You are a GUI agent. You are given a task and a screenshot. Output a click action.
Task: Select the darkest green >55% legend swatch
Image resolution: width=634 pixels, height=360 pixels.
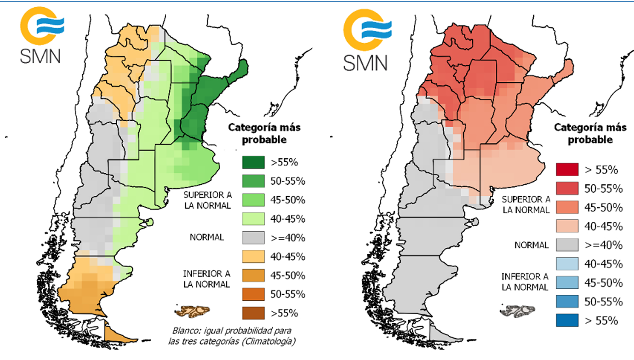[253, 162]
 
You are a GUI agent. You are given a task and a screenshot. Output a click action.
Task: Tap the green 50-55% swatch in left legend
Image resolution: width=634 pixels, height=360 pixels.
[253, 181]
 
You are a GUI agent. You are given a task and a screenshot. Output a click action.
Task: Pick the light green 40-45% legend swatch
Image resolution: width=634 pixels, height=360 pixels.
[253, 219]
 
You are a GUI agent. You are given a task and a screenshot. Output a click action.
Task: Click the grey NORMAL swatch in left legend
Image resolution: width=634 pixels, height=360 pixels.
[253, 238]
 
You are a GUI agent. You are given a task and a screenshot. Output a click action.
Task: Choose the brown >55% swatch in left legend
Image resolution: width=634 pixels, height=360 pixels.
[253, 313]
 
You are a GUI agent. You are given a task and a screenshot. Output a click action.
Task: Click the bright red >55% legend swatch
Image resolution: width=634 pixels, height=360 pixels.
[567, 169]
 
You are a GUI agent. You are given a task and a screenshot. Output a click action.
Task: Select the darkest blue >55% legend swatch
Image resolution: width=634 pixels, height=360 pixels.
[567, 320]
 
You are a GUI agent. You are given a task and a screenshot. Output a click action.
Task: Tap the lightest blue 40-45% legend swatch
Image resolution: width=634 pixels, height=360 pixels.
[567, 264]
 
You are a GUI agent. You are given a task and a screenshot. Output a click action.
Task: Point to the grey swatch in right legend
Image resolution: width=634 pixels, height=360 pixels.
[567, 245]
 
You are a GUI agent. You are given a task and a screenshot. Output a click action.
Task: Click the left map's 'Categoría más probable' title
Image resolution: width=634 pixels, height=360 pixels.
[264, 133]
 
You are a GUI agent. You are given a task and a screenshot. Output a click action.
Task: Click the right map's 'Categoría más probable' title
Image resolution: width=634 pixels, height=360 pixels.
[590, 133]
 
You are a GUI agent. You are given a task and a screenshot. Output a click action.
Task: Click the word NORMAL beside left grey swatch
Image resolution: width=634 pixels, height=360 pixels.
[207, 238]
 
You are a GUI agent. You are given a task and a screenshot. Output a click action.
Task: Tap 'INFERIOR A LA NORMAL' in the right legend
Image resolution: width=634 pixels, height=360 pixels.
[525, 282]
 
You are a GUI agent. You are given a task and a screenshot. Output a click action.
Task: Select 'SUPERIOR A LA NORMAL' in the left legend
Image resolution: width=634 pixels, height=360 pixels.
[208, 200]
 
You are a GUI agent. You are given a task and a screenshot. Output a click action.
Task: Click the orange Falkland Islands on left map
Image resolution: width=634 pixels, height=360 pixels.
[193, 312]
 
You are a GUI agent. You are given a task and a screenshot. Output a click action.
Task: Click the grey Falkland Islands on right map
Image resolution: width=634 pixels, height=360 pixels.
[518, 311]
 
